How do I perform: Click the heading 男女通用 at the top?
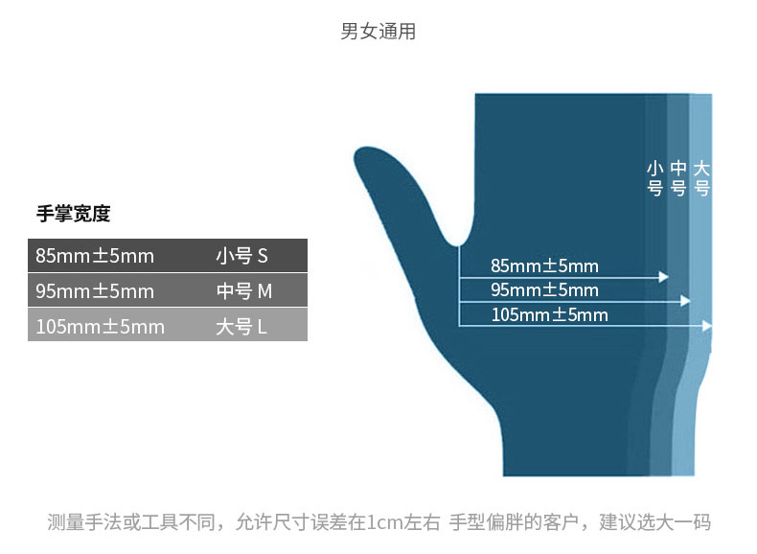[x=378, y=32]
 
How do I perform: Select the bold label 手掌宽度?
[x=73, y=214]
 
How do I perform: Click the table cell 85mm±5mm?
[x=95, y=256]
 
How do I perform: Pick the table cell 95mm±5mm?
[x=95, y=291]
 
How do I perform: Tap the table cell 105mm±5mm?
[x=100, y=327]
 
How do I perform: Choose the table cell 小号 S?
[x=241, y=256]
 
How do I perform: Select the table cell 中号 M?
[x=244, y=291]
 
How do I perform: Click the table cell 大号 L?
[x=241, y=327]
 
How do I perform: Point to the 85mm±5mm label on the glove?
[x=544, y=265]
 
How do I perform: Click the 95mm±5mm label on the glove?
[x=544, y=289]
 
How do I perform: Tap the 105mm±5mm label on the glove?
[x=549, y=314]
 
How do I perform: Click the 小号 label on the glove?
[x=655, y=178]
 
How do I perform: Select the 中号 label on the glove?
[x=678, y=178]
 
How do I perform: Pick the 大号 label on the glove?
[x=701, y=178]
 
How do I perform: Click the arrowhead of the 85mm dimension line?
[x=663, y=277]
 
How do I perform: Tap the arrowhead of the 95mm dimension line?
[x=685, y=301]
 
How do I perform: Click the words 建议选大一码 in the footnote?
[x=654, y=522]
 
